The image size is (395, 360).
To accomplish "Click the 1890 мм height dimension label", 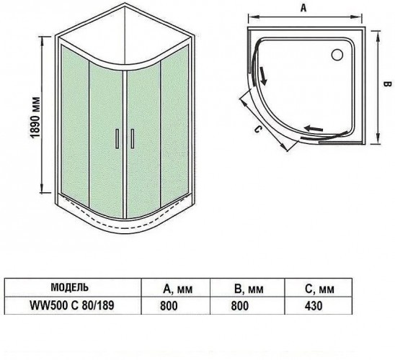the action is click(36, 117).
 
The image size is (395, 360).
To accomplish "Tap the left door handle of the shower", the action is click(117, 139).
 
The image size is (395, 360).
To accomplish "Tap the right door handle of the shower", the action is click(132, 139).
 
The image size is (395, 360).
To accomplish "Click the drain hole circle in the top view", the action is click(337, 55).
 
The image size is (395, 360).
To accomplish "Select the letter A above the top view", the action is click(303, 8).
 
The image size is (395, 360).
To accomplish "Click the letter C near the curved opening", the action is click(257, 130).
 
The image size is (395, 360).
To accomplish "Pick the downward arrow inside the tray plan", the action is click(263, 76).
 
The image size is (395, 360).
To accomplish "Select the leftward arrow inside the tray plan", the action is click(314, 129).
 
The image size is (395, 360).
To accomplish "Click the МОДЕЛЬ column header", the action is click(70, 287).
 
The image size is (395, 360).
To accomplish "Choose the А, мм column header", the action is click(177, 289).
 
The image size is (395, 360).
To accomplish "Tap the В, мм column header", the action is click(249, 289).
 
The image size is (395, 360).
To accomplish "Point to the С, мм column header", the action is click(320, 289).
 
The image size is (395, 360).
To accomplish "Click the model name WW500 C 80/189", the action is click(72, 305).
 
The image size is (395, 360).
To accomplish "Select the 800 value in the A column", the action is click(169, 306).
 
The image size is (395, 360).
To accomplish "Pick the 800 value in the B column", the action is click(240, 306).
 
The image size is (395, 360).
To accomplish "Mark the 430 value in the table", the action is click(314, 306).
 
